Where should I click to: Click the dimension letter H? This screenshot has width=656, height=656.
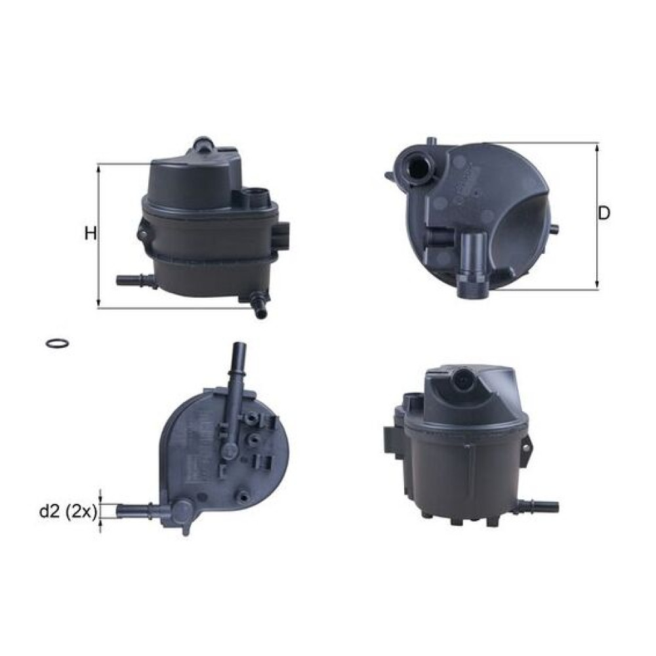[x=91, y=234]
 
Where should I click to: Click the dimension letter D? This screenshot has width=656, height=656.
[x=604, y=214]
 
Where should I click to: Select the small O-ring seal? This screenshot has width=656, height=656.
[x=56, y=343]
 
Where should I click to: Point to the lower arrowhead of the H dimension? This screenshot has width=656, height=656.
[x=99, y=303]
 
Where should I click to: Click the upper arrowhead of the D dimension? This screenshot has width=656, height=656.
[x=597, y=148]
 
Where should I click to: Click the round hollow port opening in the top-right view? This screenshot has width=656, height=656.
[x=417, y=165]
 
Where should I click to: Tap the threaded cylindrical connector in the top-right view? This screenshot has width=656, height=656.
[x=473, y=266]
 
